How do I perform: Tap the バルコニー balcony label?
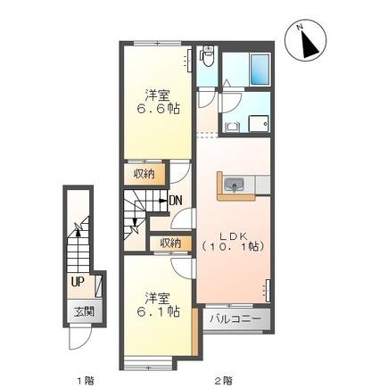pos(235,318)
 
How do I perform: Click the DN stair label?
pos(175,200)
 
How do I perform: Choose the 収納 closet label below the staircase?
pos(170,243)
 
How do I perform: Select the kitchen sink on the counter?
pos(235,185)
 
